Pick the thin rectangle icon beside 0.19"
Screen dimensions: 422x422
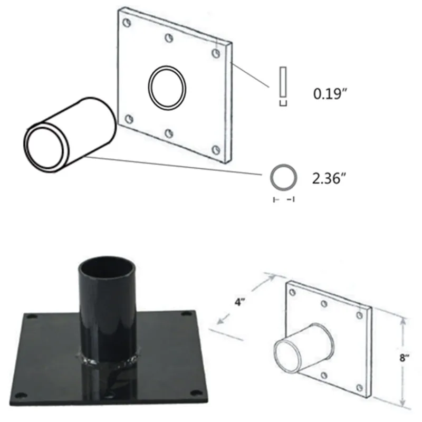point(283,83)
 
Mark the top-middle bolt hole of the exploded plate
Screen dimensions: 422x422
point(169,38)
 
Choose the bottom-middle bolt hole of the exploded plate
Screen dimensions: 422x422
point(169,133)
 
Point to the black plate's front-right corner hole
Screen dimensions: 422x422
point(197,392)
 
